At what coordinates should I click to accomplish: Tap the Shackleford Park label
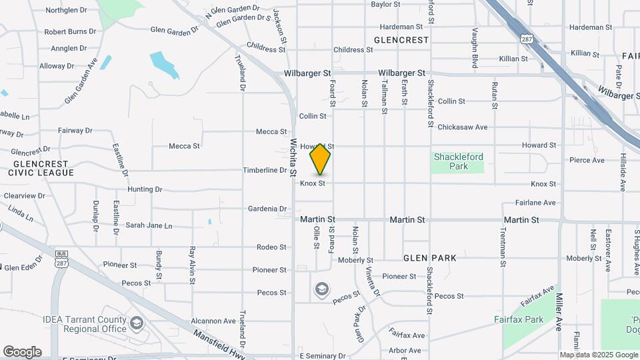point(458,161)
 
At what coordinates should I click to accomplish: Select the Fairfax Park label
point(519,319)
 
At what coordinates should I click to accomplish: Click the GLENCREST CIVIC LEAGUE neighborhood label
point(41,168)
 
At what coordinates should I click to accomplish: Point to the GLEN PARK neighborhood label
point(429,258)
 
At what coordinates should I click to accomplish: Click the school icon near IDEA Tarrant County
point(137,323)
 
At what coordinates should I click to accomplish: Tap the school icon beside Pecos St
point(321,289)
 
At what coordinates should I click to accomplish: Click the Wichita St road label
point(293,158)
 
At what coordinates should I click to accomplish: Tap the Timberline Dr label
point(264,171)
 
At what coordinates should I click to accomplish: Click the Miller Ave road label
point(559,312)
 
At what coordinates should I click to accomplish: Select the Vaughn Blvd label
point(475,48)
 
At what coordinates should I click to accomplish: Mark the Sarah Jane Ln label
point(149,226)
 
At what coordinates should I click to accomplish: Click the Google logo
point(22,352)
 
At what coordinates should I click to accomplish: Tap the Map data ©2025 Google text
point(598,355)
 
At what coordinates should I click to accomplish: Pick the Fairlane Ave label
point(535,203)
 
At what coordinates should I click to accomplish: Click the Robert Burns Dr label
point(71,31)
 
